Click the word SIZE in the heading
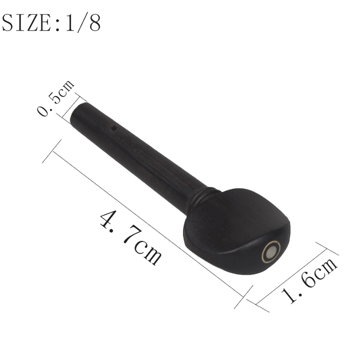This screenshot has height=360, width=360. coord(27,23)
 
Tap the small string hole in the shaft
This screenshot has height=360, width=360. coord(113,129)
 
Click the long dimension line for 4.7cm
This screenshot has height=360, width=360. coord(148,224)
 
